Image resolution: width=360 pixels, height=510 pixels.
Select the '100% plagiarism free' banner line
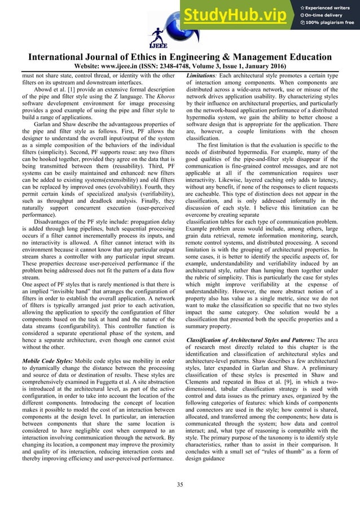click(330, 23)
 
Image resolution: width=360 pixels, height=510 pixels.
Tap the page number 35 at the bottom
click(180, 485)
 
